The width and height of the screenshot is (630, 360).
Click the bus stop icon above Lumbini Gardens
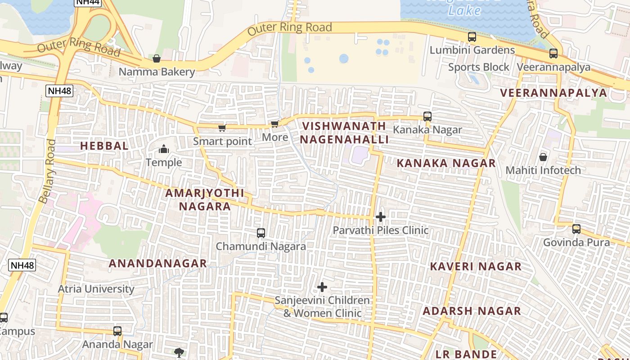472,37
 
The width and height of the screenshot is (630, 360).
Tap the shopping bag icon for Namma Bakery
157,58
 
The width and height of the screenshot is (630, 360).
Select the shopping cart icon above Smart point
222,128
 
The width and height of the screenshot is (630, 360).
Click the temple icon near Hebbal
164,149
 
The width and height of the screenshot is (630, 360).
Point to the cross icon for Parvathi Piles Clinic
381,217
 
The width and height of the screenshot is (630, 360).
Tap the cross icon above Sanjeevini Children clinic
322,287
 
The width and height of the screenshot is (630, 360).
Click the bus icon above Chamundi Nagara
261,233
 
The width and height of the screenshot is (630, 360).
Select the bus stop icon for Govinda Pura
576,229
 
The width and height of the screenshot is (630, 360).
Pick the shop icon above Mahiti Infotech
543,157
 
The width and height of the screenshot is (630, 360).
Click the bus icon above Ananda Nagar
117,331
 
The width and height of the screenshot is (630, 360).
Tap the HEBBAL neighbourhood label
104,146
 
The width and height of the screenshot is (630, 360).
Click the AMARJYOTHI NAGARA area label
205,200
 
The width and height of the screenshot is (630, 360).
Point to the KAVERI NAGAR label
476,266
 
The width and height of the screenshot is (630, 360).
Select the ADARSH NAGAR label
472,311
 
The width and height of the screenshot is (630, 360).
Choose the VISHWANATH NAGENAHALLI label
344,133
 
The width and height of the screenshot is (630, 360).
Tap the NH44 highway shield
88,2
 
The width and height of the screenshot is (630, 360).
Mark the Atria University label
96,288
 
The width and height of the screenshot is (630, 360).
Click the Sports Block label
479,67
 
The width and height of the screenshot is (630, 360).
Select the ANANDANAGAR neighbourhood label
158,263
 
